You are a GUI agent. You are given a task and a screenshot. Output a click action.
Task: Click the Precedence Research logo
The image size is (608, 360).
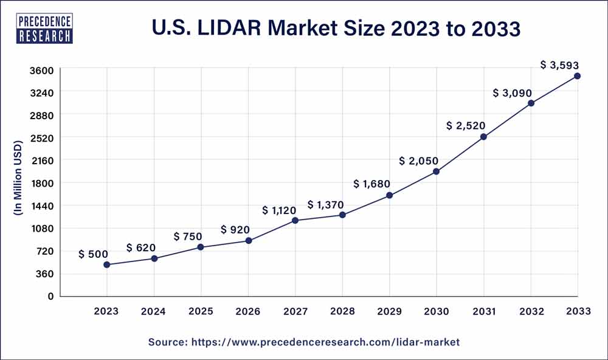[x=46, y=28]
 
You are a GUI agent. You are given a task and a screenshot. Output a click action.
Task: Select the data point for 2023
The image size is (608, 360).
[x=107, y=265]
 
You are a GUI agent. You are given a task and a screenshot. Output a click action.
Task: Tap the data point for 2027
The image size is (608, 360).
[x=295, y=220]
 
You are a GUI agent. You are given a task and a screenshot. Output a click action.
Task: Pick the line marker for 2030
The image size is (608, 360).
[x=437, y=171]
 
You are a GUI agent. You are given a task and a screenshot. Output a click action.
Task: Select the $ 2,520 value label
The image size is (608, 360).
[x=466, y=126]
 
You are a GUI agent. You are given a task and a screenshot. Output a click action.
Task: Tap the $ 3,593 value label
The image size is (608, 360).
[x=560, y=65]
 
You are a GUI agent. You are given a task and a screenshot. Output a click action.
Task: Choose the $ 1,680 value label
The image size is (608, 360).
[x=371, y=184]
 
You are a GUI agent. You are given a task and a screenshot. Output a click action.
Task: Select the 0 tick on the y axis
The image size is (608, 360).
[x=51, y=296]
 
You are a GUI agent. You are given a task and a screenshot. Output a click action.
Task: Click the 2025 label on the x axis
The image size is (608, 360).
[x=201, y=311]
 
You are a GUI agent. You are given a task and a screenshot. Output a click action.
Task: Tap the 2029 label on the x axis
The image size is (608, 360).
[x=389, y=311]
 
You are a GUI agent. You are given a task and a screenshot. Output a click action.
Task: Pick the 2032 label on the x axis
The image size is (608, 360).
[x=531, y=311]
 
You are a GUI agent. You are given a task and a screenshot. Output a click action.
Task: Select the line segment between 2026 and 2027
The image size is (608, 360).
[x=272, y=230]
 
